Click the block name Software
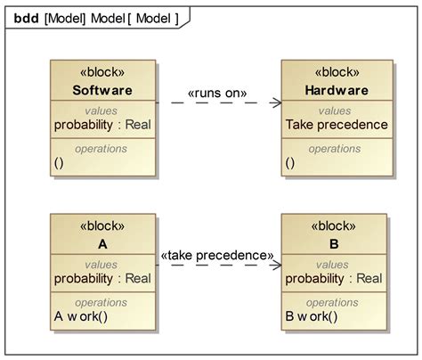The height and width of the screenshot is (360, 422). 102,91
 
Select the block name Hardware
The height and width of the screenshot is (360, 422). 336,91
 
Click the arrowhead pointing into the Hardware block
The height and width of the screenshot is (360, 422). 276,103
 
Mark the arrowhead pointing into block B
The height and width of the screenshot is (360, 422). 276,265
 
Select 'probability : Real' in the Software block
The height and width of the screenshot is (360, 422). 102,125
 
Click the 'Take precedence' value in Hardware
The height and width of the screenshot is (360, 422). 337,125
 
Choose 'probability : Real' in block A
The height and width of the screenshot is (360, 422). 102,280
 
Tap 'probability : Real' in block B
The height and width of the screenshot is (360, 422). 334,280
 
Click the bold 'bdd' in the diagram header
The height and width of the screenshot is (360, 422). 25,18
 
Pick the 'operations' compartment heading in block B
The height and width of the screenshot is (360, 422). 336,303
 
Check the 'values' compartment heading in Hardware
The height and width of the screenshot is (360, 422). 336,110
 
